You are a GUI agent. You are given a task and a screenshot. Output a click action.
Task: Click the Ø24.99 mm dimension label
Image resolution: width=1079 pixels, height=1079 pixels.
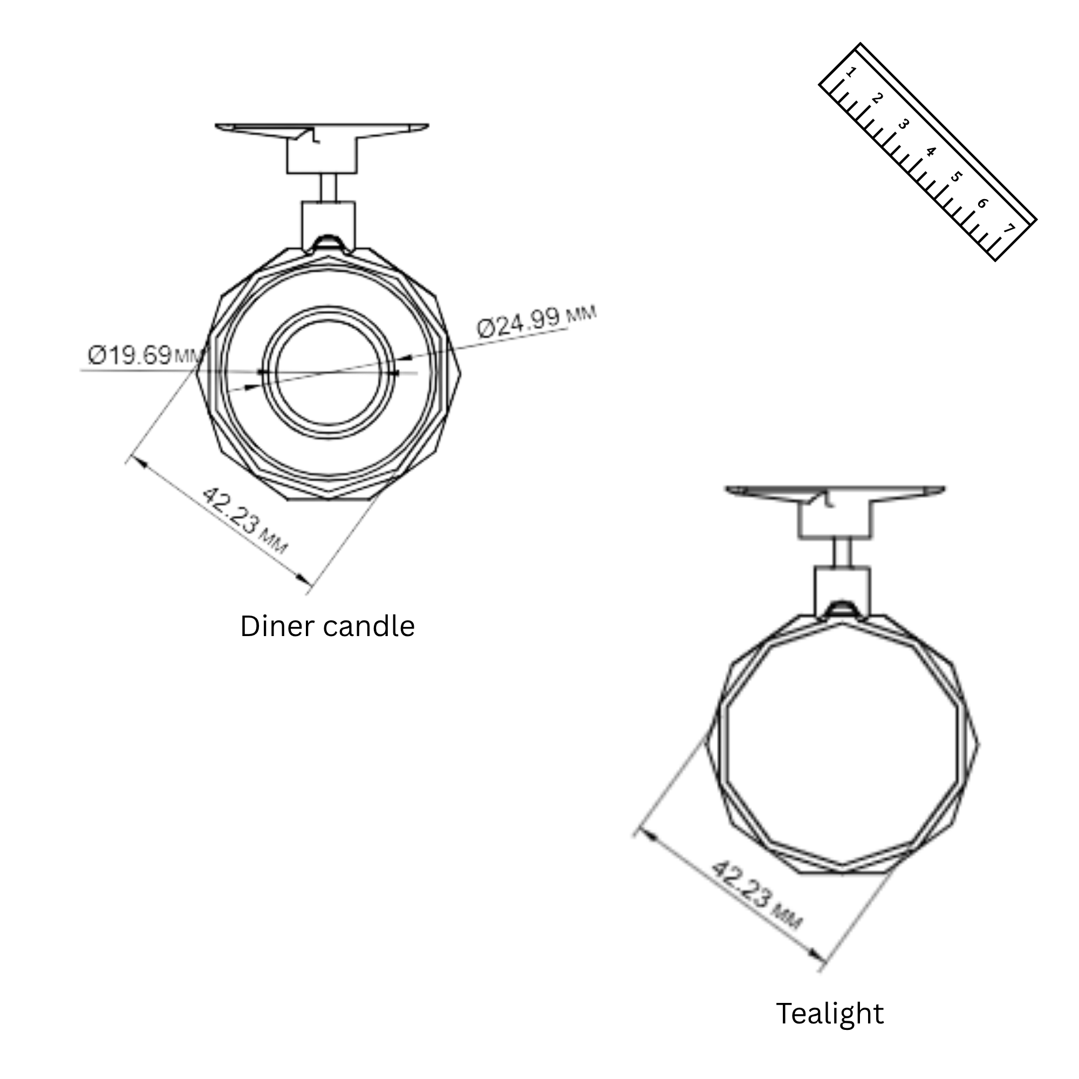(x=537, y=320)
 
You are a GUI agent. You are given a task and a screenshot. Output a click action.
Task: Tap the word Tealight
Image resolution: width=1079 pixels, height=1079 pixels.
(x=829, y=1014)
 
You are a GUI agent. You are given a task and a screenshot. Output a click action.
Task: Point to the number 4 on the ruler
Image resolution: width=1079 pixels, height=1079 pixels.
(x=931, y=152)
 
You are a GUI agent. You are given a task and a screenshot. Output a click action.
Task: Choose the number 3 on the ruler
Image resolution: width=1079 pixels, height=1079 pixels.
(x=904, y=124)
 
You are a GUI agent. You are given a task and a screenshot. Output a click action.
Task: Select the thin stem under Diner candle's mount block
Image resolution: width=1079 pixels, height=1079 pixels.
(x=328, y=188)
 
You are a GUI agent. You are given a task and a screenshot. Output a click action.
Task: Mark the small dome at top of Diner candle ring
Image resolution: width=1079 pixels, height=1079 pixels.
(x=329, y=243)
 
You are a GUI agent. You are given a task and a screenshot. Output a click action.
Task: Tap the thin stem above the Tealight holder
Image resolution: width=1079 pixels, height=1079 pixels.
(x=842, y=552)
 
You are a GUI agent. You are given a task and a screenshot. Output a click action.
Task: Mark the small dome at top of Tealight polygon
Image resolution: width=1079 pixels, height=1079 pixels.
(x=842, y=609)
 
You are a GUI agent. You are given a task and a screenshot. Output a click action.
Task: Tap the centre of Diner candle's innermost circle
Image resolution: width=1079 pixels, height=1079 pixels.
(x=329, y=372)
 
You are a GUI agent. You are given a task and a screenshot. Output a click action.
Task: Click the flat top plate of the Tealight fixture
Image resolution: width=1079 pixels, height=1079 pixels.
(x=835, y=490)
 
